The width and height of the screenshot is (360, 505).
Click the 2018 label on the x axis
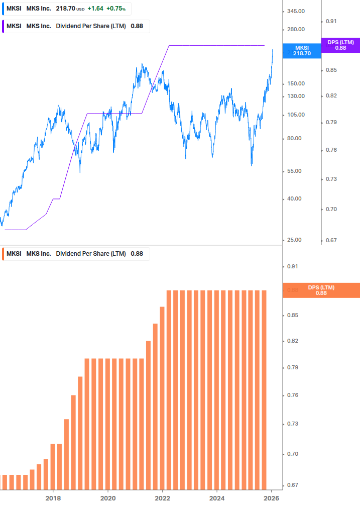coord(53,498)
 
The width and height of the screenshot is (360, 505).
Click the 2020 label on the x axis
coord(108,498)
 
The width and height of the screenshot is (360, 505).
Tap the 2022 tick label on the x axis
coord(162,498)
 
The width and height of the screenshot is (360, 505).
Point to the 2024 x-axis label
coord(217,498)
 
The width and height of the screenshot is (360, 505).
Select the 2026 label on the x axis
coord(271,498)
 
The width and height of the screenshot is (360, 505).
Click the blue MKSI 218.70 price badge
coord(302,50)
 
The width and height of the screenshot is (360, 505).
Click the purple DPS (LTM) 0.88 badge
coord(340,45)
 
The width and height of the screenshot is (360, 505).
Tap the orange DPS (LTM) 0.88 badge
coord(321,290)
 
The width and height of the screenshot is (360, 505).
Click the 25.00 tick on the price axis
coord(292,240)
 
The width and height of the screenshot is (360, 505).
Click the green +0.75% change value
coord(115,9)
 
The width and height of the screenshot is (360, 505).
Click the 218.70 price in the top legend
coord(65,9)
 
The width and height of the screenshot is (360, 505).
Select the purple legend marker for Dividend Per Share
coord(3,26)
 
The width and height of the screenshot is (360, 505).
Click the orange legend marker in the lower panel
coord(3,254)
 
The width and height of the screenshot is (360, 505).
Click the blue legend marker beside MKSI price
coord(3,9)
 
